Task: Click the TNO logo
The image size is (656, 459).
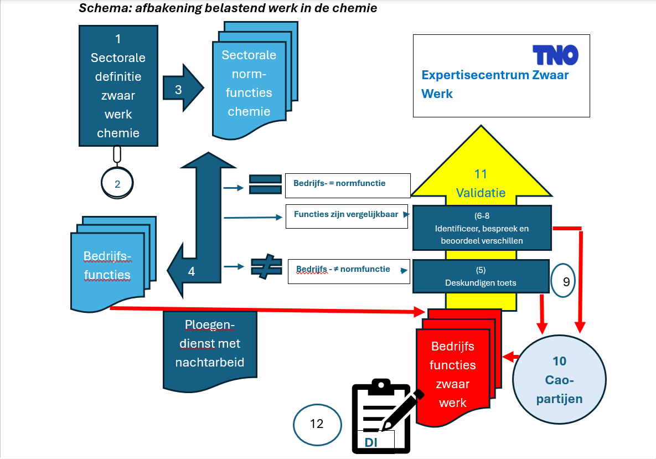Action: (555, 55)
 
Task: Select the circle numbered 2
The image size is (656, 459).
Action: (117, 184)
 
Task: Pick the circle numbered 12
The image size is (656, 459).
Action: (317, 424)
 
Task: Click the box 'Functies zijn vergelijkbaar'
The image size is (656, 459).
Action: (346, 216)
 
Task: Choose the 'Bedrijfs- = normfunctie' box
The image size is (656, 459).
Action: (348, 185)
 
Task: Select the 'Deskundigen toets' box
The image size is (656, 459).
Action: (481, 276)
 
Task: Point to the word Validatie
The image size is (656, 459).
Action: (481, 193)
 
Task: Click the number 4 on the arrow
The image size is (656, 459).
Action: (192, 271)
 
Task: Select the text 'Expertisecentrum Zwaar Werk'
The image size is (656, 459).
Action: (494, 84)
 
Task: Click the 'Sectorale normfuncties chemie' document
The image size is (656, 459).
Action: (249, 83)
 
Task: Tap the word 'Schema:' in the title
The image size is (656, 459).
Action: (100, 8)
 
